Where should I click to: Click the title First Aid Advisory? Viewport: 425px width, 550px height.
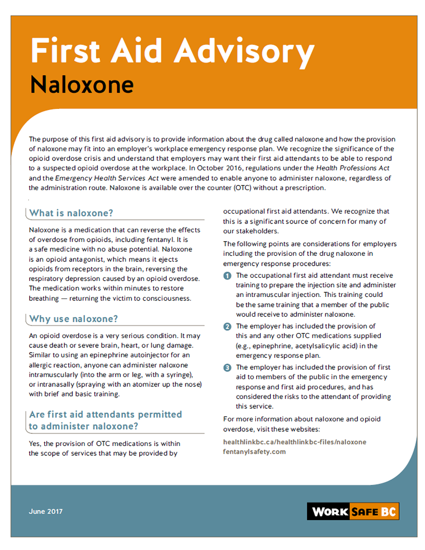pyautogui.click(x=172, y=51)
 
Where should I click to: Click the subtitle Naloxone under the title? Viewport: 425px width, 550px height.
pyautogui.click(x=82, y=84)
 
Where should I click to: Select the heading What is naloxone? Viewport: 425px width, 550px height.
pyautogui.click(x=71, y=213)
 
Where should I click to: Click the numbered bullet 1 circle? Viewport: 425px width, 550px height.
pyautogui.click(x=227, y=276)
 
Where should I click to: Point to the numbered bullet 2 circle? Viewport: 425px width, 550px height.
pyautogui.click(x=227, y=327)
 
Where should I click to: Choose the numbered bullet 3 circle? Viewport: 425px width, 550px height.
pyautogui.click(x=227, y=368)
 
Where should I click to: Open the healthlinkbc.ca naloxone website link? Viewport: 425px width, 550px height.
pyautogui.click(x=294, y=442)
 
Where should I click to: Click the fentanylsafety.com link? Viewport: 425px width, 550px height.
pyautogui.click(x=254, y=452)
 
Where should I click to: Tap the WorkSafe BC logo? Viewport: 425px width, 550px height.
pyautogui.click(x=353, y=511)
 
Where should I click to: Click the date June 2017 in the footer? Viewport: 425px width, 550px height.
pyautogui.click(x=46, y=511)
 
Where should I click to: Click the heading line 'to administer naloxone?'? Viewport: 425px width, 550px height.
pyautogui.click(x=83, y=426)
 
